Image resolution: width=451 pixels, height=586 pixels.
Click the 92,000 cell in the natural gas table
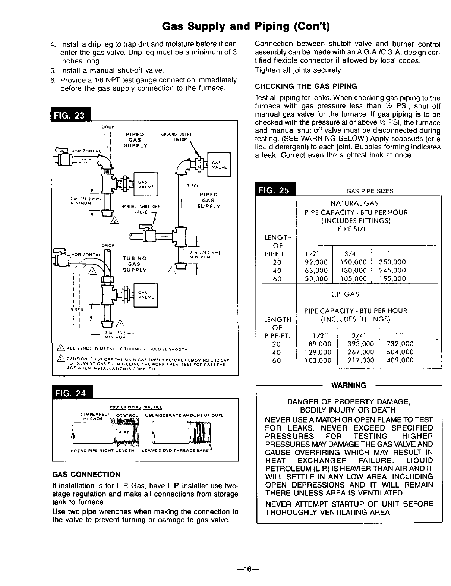(x=316, y=262)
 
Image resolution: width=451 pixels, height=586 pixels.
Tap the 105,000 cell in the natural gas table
(x=354, y=278)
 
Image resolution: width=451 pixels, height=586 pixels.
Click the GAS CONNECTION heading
(x=86, y=475)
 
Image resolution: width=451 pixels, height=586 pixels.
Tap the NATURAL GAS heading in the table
(x=354, y=204)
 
